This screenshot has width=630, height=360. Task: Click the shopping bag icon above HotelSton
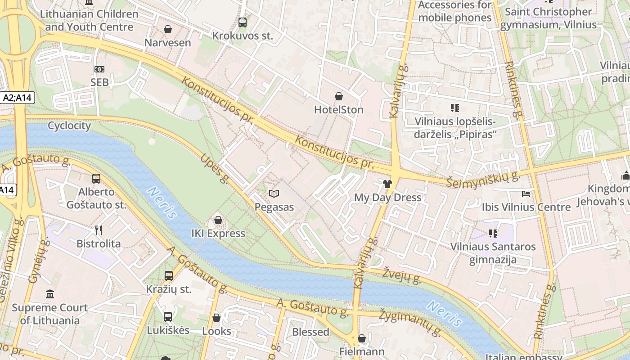338,96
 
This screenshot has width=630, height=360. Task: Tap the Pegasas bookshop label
274,207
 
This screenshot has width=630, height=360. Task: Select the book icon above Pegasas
274,194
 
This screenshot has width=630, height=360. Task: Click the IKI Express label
218,233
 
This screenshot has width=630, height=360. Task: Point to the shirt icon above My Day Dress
387,184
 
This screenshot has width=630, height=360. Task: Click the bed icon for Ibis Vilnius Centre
526,194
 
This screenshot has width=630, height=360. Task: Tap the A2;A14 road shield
18,97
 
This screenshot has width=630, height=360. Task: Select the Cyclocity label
69,126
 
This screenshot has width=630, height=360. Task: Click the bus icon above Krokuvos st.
243,22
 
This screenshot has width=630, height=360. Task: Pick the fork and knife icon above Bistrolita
99,230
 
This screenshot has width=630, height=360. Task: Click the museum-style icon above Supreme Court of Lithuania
50,294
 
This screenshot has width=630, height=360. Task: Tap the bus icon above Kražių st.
169,276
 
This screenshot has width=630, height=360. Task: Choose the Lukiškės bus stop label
168,330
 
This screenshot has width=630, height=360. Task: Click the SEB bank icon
99,69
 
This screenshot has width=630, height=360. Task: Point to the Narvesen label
167,43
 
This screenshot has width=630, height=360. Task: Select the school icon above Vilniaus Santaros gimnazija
493,234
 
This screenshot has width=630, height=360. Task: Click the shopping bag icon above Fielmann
362,338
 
